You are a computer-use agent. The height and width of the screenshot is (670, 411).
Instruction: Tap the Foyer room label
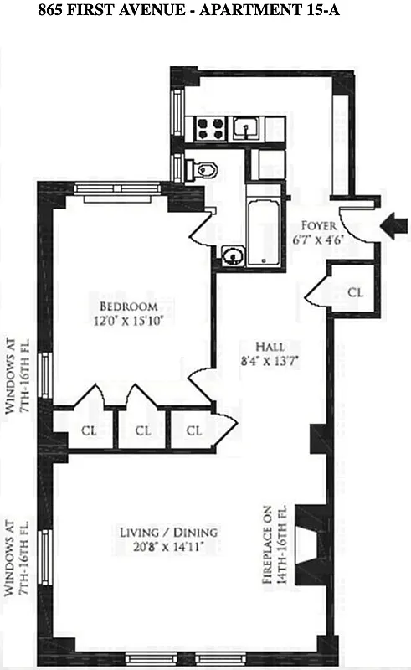point(321,226)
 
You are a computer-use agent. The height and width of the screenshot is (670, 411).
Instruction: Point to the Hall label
point(270,346)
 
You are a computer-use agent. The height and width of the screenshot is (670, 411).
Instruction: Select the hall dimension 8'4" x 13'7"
point(270,361)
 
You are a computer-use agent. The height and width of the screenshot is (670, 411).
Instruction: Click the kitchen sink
point(247,127)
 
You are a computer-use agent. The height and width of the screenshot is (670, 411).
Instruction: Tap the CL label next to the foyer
point(355,292)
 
